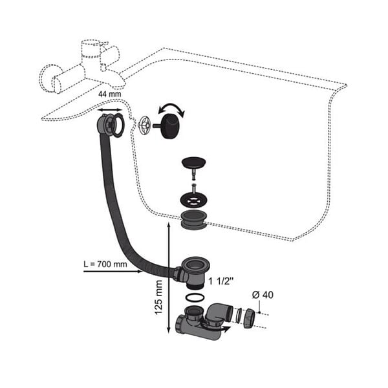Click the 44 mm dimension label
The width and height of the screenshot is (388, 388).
(x=110, y=94)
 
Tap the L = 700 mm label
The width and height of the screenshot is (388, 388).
(x=105, y=264)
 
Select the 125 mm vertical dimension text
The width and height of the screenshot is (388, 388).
(x=158, y=297)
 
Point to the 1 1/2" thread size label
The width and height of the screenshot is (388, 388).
(x=221, y=281)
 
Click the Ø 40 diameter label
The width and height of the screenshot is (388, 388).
(x=263, y=295)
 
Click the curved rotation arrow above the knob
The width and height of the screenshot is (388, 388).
(x=172, y=109)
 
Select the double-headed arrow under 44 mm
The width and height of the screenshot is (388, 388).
(x=110, y=110)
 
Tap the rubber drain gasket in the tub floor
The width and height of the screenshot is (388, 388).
(x=194, y=220)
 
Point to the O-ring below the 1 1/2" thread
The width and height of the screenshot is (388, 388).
(x=195, y=297)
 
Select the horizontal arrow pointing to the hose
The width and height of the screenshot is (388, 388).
(x=113, y=272)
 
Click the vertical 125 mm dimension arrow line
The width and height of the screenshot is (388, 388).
(x=169, y=277)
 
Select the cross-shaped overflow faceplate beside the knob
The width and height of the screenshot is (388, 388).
(x=144, y=125)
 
